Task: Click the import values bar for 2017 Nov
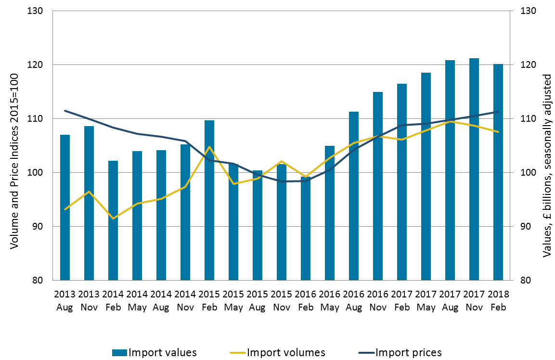(474, 168)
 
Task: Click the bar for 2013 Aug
(65, 207)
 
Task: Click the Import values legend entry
(154, 352)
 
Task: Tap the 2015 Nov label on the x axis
(282, 300)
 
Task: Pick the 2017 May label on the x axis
(426, 300)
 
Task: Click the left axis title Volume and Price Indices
(14, 161)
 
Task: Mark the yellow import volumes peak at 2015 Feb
(209, 147)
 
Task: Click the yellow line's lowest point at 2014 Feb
(113, 219)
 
